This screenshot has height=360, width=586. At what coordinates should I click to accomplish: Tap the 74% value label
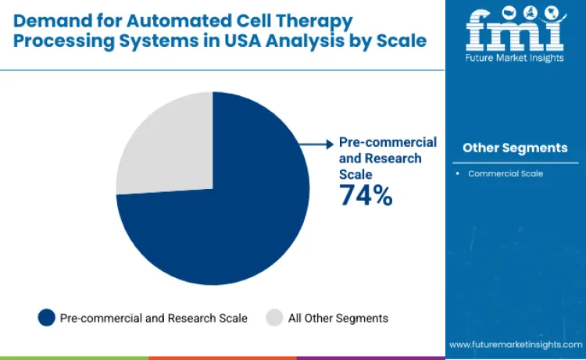(366, 195)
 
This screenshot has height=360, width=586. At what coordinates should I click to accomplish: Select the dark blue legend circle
(47, 317)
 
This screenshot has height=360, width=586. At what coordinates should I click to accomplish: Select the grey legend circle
(274, 317)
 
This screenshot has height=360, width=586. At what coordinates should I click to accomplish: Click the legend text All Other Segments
(338, 318)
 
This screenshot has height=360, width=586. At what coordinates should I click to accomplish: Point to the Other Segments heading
(515, 148)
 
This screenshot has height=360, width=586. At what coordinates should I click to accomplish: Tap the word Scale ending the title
(405, 41)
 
